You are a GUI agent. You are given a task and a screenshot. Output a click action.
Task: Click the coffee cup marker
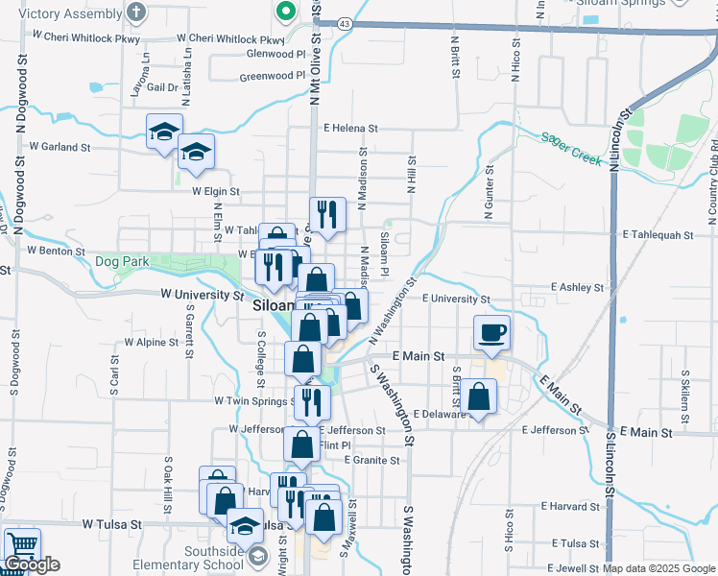(x=492, y=333)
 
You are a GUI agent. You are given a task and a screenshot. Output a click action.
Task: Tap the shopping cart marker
(x=21, y=544)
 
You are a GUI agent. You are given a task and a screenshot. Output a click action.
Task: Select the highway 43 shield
(x=344, y=22)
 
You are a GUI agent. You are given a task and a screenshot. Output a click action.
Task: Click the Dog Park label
(x=122, y=261)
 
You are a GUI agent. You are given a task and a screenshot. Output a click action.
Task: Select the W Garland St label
(x=60, y=148)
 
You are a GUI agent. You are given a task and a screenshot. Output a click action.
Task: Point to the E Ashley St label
(x=577, y=287)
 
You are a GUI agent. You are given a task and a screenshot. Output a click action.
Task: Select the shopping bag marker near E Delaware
(x=478, y=396)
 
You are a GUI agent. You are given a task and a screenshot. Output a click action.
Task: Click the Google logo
(x=32, y=564)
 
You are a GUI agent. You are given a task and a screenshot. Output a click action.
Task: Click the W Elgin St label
(x=215, y=192)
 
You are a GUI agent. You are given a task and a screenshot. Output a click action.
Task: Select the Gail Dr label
(x=160, y=87)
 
